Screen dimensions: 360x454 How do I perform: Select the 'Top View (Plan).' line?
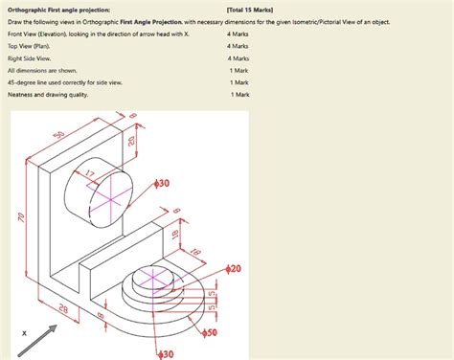click(x=28, y=45)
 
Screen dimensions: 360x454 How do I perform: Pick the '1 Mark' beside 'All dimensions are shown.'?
click(x=238, y=70)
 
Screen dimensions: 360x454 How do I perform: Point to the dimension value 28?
click(x=63, y=307)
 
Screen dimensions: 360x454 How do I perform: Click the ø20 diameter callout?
click(x=233, y=270)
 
